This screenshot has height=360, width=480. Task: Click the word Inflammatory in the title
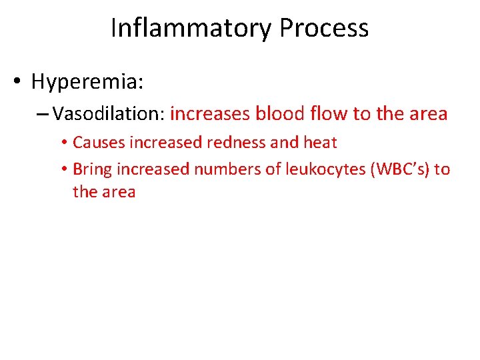point(191,28)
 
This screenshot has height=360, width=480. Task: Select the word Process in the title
point(323,28)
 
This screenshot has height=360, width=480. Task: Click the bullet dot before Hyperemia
point(18,83)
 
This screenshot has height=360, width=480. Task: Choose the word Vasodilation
point(109,114)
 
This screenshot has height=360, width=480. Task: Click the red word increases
point(210,114)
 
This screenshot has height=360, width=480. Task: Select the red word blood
point(279,114)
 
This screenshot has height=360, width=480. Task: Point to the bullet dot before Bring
point(65,170)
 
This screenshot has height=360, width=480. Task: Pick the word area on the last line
point(119,193)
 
